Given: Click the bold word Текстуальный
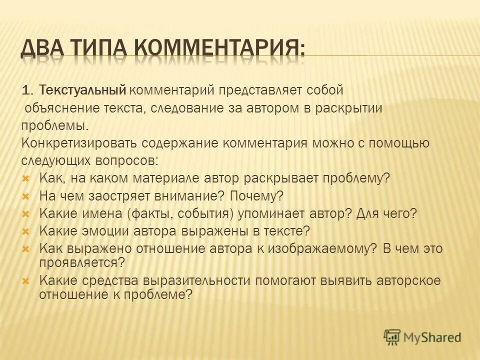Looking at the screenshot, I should [x=82, y=90].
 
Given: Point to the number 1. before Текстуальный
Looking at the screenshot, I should [x=27, y=90].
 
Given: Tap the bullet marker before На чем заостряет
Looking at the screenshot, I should [x=27, y=196].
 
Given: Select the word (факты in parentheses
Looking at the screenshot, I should [x=148, y=213].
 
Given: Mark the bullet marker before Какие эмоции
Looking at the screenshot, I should [x=27, y=231].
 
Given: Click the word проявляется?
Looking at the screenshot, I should [x=81, y=261].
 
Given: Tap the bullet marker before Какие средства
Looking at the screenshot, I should [x=27, y=280].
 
